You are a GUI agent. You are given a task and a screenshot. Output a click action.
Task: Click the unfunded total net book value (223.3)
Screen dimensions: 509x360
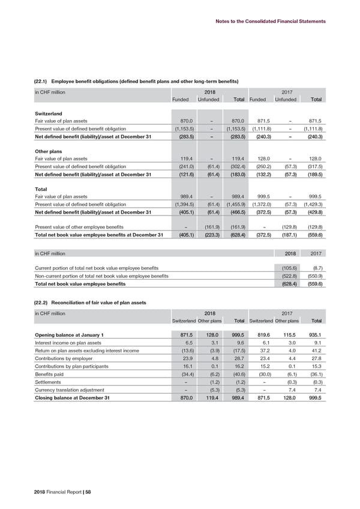click(x=208, y=235)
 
